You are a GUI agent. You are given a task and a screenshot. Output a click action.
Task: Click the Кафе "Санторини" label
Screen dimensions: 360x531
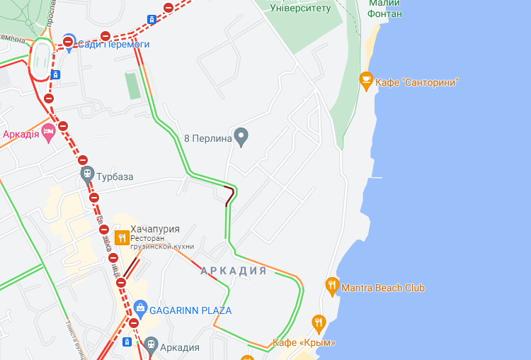click(417, 82)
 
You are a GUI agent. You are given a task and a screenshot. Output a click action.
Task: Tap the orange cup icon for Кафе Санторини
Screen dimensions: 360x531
click(366, 81)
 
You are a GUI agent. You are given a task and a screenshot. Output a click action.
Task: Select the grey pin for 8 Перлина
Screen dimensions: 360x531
click(241, 137)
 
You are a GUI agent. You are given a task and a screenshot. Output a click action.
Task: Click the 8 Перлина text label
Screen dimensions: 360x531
click(208, 138)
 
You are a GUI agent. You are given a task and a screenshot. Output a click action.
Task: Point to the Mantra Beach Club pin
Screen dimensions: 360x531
click(332, 286)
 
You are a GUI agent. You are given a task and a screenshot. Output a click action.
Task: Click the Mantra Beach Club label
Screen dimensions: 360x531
click(383, 288)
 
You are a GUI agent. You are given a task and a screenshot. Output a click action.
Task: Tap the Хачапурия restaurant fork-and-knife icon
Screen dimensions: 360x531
click(122, 237)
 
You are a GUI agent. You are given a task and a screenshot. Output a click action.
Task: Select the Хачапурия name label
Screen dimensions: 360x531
click(155, 229)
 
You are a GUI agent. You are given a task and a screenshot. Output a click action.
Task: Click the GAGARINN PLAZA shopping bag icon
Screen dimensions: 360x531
click(140, 309)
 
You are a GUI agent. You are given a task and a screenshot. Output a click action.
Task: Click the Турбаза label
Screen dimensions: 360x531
click(115, 176)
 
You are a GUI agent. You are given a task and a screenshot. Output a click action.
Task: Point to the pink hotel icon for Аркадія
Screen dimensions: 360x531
click(49, 132)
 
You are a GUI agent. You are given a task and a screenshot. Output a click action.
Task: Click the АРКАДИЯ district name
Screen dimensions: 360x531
click(233, 271)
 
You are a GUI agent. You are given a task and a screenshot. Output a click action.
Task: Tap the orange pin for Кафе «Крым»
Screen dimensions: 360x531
click(319, 323)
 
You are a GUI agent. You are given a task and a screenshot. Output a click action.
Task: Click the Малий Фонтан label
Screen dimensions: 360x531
click(385, 9)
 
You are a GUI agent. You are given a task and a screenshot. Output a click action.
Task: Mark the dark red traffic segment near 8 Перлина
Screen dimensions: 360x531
click(229, 195)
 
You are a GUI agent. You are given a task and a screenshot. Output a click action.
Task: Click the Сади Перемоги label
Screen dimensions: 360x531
click(113, 44)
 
